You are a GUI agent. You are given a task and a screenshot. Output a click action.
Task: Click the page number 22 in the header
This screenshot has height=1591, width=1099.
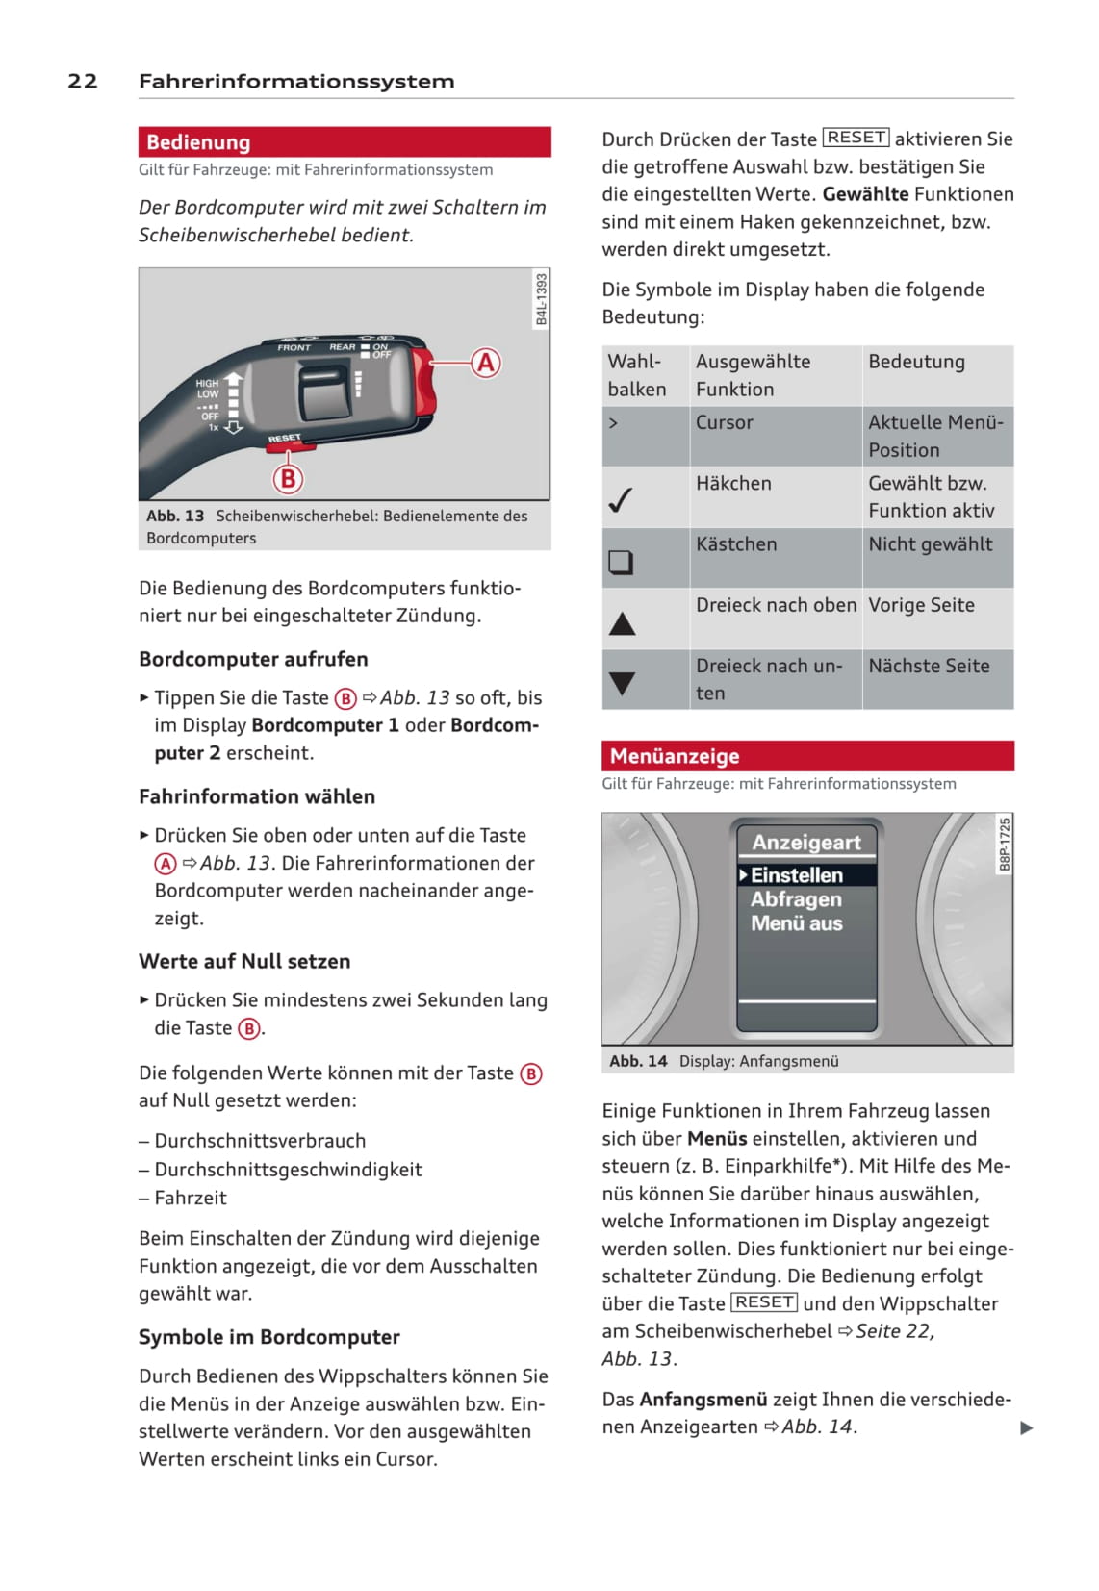(x=83, y=81)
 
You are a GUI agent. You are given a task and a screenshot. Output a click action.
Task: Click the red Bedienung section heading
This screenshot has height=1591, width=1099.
(x=198, y=142)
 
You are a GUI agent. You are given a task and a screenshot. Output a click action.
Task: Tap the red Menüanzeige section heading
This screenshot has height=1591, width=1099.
(x=674, y=756)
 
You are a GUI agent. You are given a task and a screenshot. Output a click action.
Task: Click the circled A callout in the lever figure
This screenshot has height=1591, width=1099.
(x=486, y=363)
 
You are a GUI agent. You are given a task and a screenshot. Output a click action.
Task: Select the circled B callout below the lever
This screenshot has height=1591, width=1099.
(x=287, y=478)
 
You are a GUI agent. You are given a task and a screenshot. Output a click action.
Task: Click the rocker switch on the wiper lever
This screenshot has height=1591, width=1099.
(x=324, y=390)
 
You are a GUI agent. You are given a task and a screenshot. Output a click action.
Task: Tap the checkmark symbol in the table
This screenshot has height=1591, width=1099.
(x=621, y=500)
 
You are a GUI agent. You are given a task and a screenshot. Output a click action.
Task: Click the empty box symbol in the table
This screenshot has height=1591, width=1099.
(x=621, y=561)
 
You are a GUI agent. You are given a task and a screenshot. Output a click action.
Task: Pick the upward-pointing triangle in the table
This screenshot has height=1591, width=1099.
(x=622, y=624)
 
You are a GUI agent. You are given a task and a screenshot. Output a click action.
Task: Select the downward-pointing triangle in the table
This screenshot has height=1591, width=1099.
(x=622, y=683)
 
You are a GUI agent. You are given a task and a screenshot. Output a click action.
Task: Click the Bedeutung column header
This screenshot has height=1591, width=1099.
(x=916, y=362)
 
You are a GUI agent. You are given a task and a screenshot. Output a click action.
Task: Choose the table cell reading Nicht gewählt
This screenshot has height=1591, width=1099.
(x=930, y=544)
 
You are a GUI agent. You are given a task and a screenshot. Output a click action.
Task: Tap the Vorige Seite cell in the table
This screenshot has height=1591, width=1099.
(x=921, y=605)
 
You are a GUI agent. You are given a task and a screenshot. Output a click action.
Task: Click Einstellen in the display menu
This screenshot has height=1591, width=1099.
(x=797, y=875)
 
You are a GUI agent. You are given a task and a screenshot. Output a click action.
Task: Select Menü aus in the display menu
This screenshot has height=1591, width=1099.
(x=797, y=923)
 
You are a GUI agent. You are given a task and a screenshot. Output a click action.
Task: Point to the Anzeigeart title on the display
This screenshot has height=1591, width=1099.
(x=806, y=843)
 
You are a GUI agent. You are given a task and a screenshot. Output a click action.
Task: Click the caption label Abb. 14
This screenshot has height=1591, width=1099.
(x=638, y=1061)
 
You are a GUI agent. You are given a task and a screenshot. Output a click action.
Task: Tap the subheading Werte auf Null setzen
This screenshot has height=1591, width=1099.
(x=244, y=961)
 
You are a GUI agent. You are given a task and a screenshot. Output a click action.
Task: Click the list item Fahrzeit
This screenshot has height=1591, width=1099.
(x=191, y=1198)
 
